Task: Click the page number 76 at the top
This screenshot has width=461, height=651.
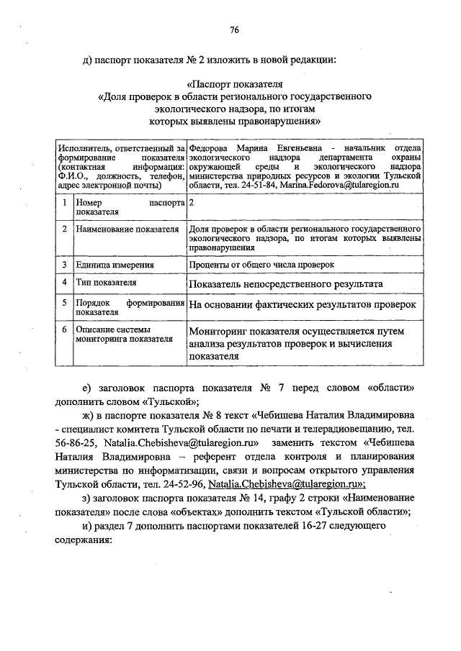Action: pyautogui.click(x=234, y=30)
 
